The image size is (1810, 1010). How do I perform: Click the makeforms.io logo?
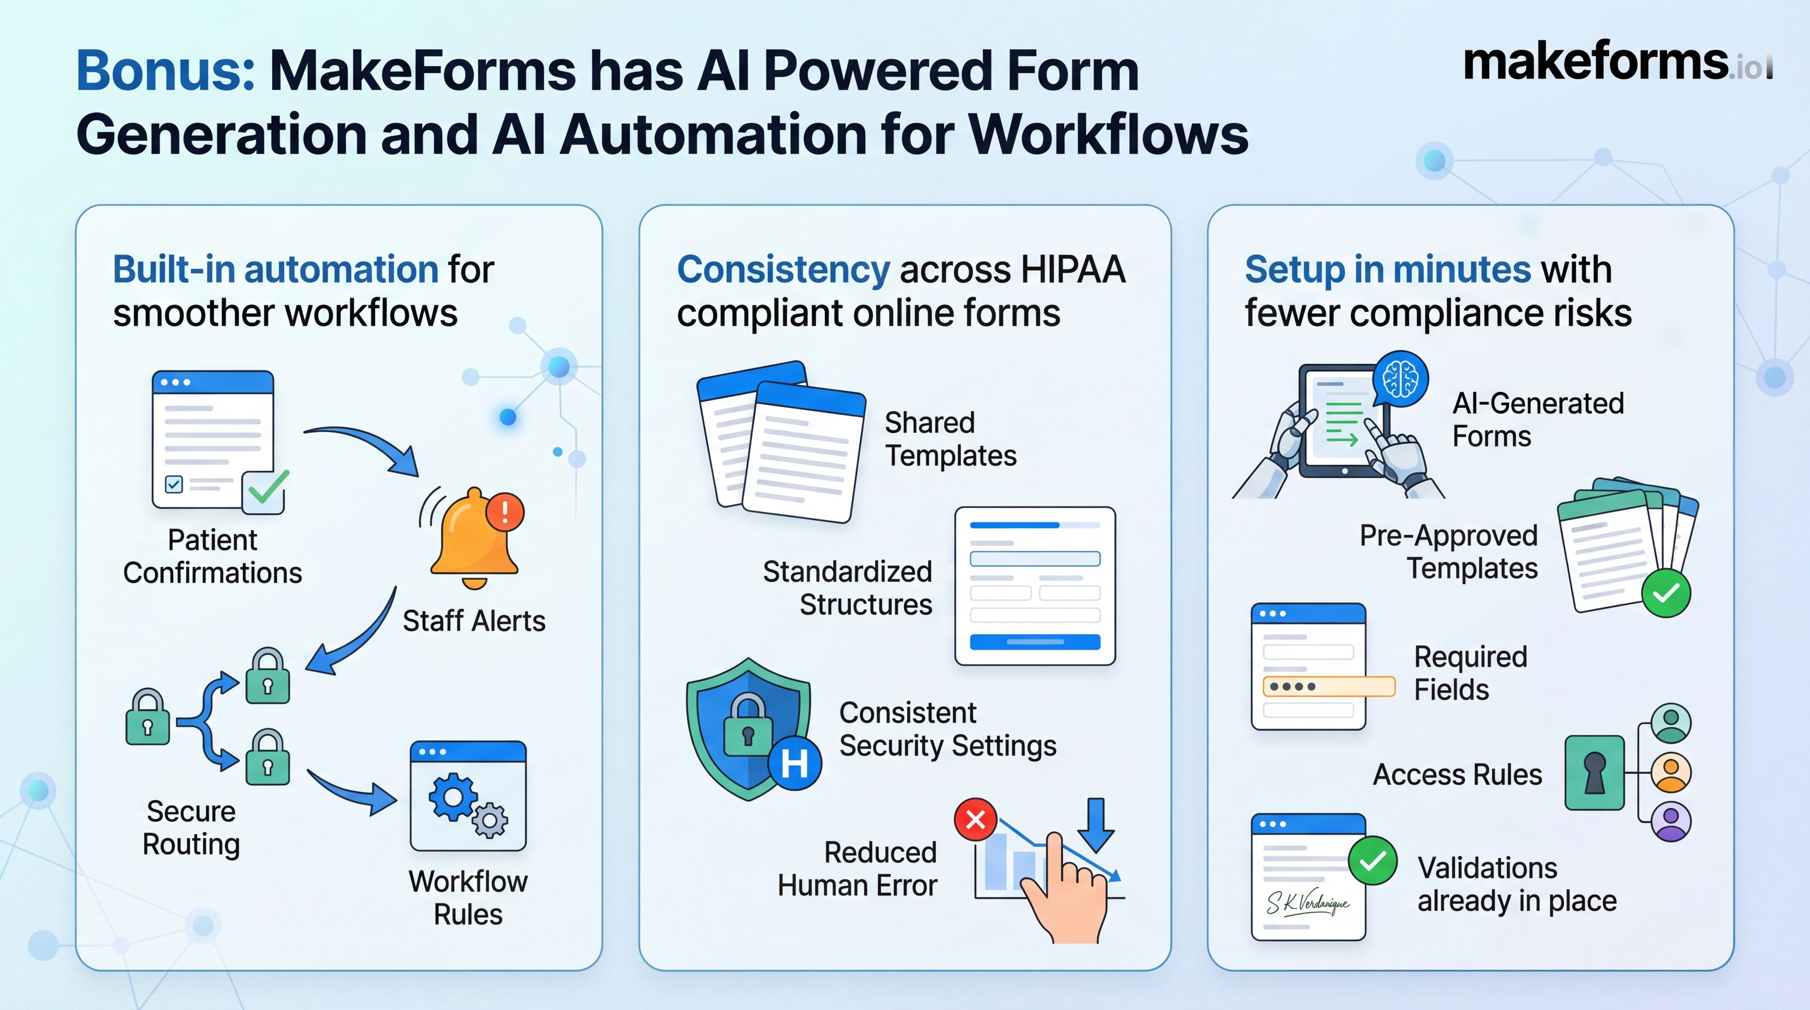tap(1616, 63)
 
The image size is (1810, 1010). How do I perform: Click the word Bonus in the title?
tap(165, 71)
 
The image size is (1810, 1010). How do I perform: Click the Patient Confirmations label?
tap(212, 556)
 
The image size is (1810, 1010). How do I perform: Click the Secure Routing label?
tap(191, 828)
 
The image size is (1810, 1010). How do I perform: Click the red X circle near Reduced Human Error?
tap(975, 819)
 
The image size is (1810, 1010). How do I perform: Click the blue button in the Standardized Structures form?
tap(1034, 641)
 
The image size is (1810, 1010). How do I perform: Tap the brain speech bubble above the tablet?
tap(1400, 379)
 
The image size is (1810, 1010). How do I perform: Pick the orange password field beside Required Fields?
tap(1328, 686)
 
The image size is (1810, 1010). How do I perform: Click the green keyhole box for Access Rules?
tap(1594, 773)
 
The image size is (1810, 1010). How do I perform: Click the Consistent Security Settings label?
tap(947, 729)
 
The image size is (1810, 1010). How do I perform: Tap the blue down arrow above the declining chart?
tap(1095, 824)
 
